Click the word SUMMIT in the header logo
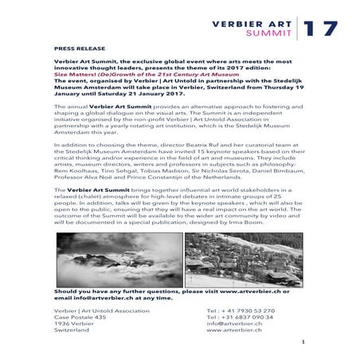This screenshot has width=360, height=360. (x=272, y=34)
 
